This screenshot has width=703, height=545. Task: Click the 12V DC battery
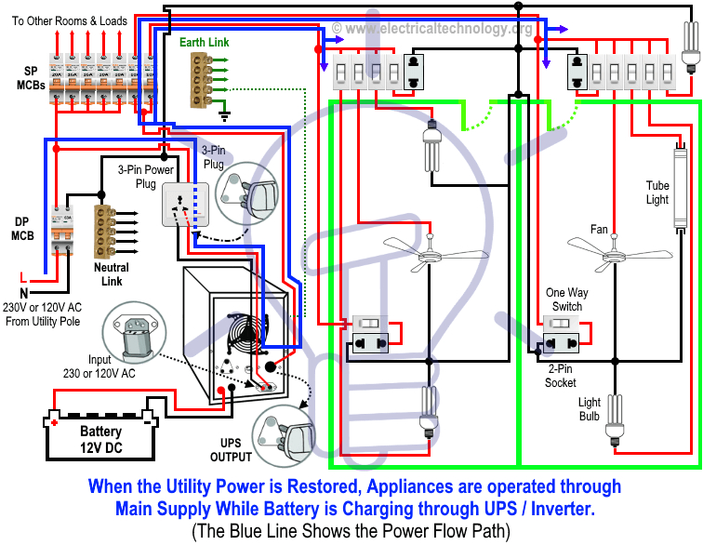[99, 434]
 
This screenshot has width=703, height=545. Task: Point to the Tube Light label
[657, 193]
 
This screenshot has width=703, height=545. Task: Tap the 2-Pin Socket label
[561, 376]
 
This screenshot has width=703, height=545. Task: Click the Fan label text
[599, 229]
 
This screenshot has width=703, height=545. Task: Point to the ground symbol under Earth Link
[224, 115]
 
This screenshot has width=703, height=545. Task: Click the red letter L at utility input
[22, 276]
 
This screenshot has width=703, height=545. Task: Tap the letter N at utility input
[22, 292]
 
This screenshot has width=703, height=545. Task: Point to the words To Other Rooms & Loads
[69, 19]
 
